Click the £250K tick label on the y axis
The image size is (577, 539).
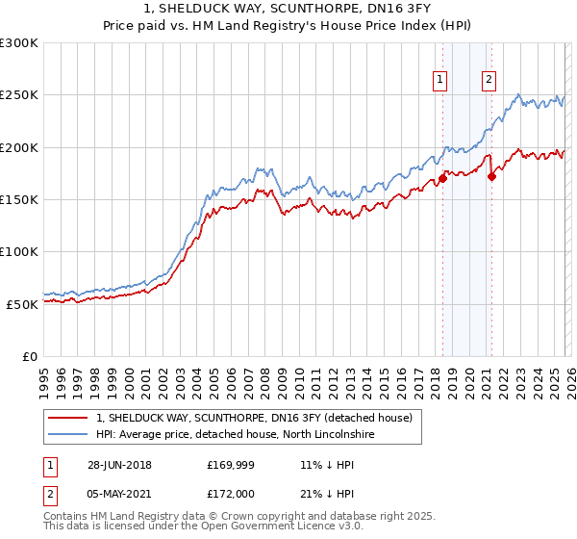click(x=19, y=95)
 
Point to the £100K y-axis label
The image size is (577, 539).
click(x=19, y=251)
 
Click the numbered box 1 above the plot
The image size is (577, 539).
click(x=440, y=80)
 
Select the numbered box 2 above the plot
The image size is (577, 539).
click(x=489, y=80)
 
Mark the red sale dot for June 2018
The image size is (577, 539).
click(x=442, y=178)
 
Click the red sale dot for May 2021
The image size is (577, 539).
click(x=491, y=176)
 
